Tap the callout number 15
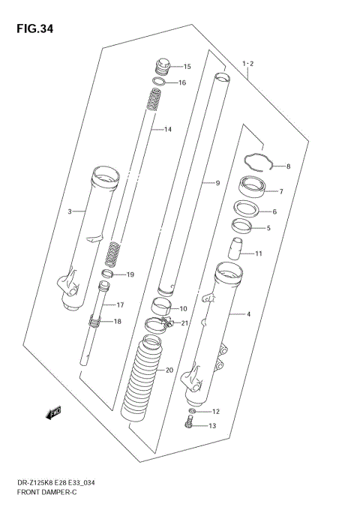coord(187,66)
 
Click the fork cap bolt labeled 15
coord(162,66)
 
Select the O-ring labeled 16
coord(158,82)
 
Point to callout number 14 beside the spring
coord(167,130)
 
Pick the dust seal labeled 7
coord(249,185)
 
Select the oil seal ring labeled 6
coord(245,209)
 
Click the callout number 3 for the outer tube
coord(70,211)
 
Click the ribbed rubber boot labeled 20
coord(144,382)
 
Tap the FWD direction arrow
coord(53,411)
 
